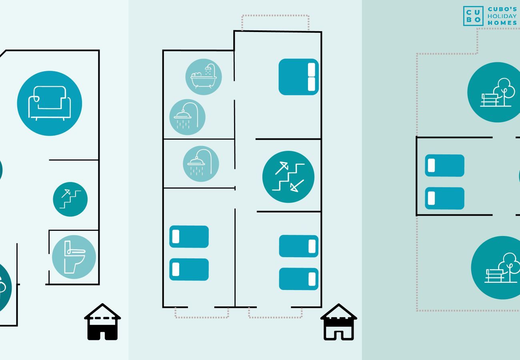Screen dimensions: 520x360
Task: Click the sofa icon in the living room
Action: tap(50, 103)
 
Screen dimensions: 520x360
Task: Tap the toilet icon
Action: tap(74, 257)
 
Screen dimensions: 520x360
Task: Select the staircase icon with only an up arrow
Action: tap(70, 199)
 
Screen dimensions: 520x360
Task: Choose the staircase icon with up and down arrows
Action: tap(288, 177)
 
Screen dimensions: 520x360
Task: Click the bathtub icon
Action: tap(204, 77)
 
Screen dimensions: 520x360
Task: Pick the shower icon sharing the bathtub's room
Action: tap(187, 117)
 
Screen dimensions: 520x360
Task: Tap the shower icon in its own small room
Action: tap(201, 164)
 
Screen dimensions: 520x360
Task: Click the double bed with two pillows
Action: tap(298, 77)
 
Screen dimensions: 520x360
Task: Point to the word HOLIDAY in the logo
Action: tap(502, 16)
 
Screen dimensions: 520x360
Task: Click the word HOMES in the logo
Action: tap(502, 23)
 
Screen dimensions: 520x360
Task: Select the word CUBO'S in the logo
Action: tap(502, 9)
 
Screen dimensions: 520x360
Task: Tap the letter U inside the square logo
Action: tap(477, 12)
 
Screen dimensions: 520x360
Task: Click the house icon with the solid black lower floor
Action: tap(102, 322)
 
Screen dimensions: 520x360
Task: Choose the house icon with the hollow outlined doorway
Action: tap(339, 322)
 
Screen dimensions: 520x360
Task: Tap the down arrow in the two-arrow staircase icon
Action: tap(297, 186)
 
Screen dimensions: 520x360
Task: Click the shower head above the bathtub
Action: tap(208, 68)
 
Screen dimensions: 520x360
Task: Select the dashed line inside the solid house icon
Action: tap(102, 318)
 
